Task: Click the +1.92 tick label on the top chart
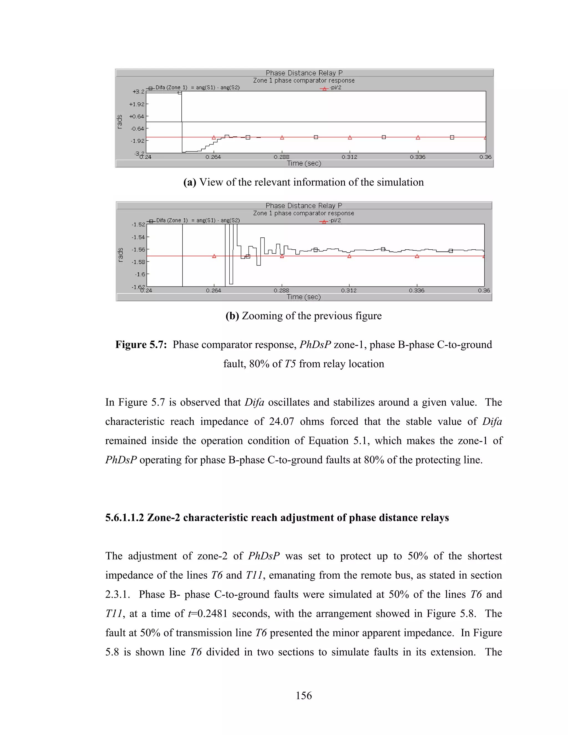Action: (x=137, y=104)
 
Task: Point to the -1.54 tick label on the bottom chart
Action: (x=138, y=237)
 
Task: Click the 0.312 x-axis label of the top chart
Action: (x=349, y=157)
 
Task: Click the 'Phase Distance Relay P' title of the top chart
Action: (x=304, y=73)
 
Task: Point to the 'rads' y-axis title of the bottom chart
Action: (x=120, y=255)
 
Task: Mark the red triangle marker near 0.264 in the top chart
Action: (x=214, y=137)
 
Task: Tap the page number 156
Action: (x=303, y=695)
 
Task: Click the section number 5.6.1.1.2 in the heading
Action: (x=125, y=517)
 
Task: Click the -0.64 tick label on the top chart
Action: (x=137, y=129)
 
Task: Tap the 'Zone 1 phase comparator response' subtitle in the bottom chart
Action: (x=303, y=213)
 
